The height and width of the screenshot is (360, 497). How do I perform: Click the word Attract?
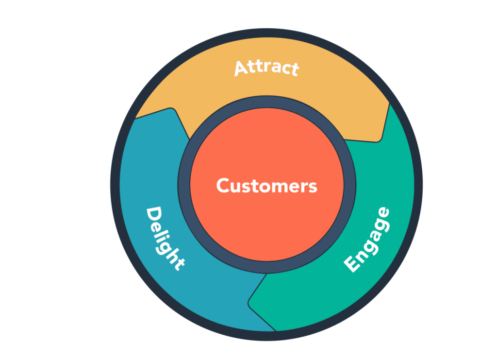[x=266, y=68]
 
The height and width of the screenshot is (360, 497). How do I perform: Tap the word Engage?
[x=367, y=240]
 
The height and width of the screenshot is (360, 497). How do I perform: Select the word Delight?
[x=165, y=239]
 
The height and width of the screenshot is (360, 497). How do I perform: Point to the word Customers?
[x=266, y=186]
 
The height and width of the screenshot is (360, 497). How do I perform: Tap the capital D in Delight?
[x=154, y=216]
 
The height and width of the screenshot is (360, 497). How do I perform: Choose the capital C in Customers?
[x=223, y=186]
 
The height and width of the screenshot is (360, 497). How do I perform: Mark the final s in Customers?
[x=313, y=188]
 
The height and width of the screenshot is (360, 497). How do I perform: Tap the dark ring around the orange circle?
[x=184, y=185]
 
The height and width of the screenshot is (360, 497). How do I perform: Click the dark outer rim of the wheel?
[x=115, y=185]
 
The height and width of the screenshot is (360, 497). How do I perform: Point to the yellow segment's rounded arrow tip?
[x=378, y=140]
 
